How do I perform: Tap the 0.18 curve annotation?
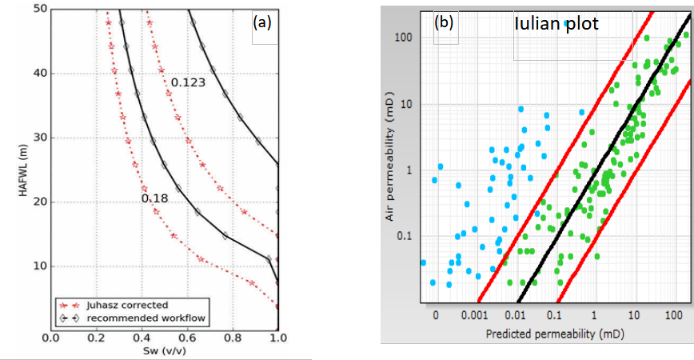tap(154, 198)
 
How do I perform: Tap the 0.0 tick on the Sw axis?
tap(50, 338)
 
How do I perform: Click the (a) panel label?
tap(262, 22)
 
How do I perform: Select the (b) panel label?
tap(444, 22)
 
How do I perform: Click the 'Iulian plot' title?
tap(556, 26)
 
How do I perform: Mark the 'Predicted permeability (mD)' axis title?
tap(552, 334)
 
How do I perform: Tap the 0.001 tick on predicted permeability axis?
tap(476, 317)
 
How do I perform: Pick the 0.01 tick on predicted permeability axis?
tap(517, 317)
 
